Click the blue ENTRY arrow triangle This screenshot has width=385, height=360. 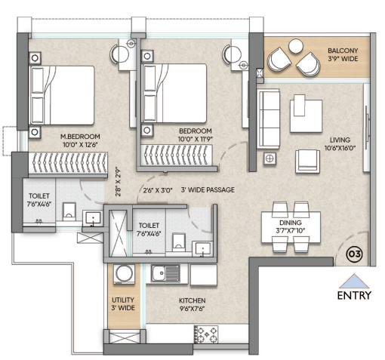click(354, 282)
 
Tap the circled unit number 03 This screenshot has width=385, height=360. click(355, 254)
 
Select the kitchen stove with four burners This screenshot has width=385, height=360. click(206, 334)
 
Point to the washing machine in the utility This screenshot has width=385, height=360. click(124, 274)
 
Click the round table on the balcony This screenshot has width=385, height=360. click(296, 46)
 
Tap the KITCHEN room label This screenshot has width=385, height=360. click(192, 300)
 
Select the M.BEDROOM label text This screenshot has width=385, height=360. click(80, 137)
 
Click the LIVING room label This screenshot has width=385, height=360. click(340, 140)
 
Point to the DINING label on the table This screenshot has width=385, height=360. click(291, 223)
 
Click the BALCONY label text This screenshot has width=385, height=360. click(343, 51)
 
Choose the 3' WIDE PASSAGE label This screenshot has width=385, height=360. click(208, 189)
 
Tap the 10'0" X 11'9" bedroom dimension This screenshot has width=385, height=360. click(196, 139)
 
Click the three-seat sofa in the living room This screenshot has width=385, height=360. click(268, 118)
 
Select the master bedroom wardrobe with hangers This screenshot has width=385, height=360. click(68, 163)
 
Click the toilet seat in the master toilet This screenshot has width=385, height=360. click(69, 212)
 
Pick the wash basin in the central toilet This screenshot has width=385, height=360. click(202, 249)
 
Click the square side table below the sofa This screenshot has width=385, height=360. click(269, 158)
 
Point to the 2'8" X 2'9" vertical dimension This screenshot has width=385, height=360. click(118, 182)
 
